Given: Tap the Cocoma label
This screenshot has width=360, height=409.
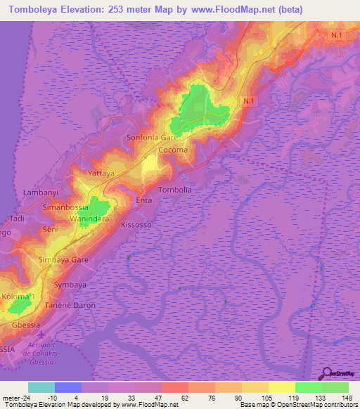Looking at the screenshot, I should tap(173, 150).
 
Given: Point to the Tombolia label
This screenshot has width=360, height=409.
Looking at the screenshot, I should tap(176, 190).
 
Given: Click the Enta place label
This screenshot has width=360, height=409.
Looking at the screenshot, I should tap(143, 201).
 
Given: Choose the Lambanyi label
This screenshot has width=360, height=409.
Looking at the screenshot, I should tap(41, 192).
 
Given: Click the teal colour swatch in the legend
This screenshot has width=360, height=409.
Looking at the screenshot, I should tap(41, 387).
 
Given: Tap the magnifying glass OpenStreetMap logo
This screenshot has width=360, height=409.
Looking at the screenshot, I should tap(327, 373).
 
